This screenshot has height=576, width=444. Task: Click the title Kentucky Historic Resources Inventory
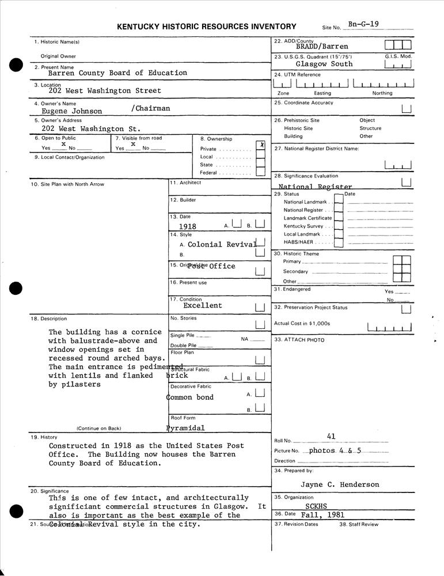pos(207,26)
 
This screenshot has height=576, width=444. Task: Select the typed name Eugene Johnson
pos(72,111)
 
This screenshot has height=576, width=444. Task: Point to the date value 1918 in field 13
pos(188,227)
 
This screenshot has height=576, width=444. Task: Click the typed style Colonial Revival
pos(222,244)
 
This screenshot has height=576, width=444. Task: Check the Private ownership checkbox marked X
pos(260,146)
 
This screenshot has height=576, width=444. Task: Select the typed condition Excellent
pos(203,306)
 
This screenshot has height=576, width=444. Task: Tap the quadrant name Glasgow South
pos(324,64)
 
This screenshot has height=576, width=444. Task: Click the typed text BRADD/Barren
pos(322,47)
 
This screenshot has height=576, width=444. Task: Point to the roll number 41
pos(331,437)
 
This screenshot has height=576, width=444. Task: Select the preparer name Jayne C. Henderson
pos(340,484)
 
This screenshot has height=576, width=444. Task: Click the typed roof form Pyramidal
pos(185,428)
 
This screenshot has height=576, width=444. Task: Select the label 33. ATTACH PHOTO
pos(299,340)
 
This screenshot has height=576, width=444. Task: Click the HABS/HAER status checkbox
pos(339,242)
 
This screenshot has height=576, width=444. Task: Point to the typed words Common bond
pos(190,397)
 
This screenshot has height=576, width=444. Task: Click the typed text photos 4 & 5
pos(335,450)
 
